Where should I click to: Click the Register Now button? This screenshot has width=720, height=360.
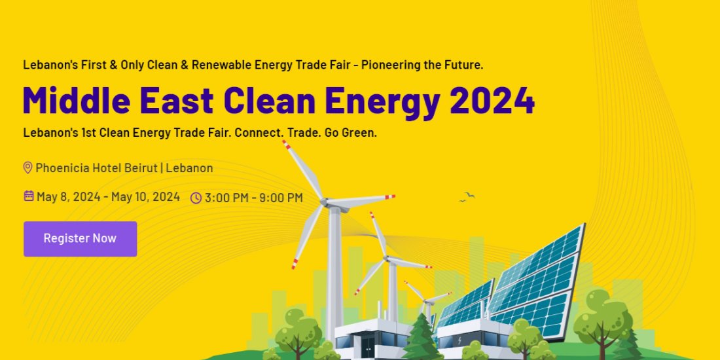80,238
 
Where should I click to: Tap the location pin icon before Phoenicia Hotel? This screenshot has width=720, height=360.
27,168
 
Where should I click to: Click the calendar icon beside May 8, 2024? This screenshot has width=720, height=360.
29,196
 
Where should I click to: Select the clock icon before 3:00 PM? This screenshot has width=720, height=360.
196,198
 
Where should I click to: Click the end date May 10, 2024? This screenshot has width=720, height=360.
145,196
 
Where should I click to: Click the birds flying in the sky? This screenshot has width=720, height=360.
467,196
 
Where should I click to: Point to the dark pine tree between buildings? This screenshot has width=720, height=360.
419,337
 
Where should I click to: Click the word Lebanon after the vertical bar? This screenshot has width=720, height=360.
189,168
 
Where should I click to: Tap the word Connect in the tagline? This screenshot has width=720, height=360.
257,132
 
